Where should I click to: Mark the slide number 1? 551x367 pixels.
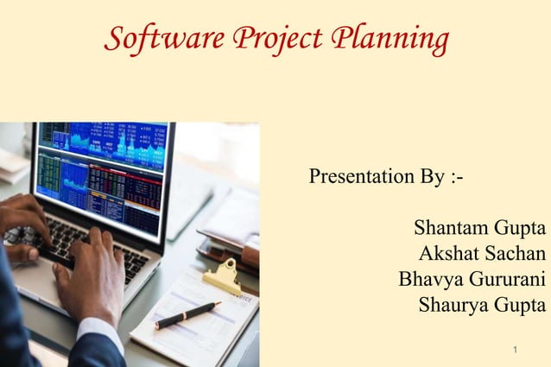point(514,351)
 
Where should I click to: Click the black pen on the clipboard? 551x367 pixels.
point(187,314)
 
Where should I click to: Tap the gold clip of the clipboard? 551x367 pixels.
point(221,274)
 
